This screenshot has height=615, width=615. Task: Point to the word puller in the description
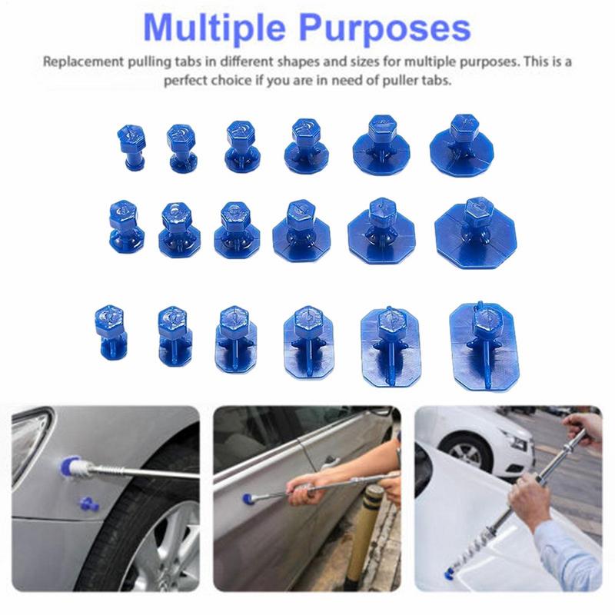pyautogui.click(x=401, y=81)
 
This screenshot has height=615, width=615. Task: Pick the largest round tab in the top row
pyautogui.click(x=464, y=141)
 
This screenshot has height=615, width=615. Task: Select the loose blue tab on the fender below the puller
pyautogui.click(x=86, y=503)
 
